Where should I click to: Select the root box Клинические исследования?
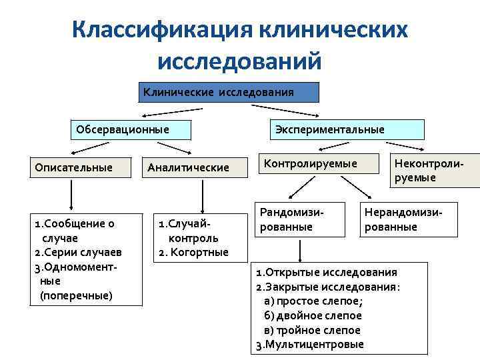tap(229, 92)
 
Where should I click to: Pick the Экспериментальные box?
tap(329, 129)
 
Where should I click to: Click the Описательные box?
tap(73, 167)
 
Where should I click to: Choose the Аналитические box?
tap(189, 167)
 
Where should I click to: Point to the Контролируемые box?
tap(311, 163)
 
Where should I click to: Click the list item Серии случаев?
tap(77, 253)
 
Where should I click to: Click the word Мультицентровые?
tap(314, 345)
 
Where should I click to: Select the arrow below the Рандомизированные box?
tap(301, 251)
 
